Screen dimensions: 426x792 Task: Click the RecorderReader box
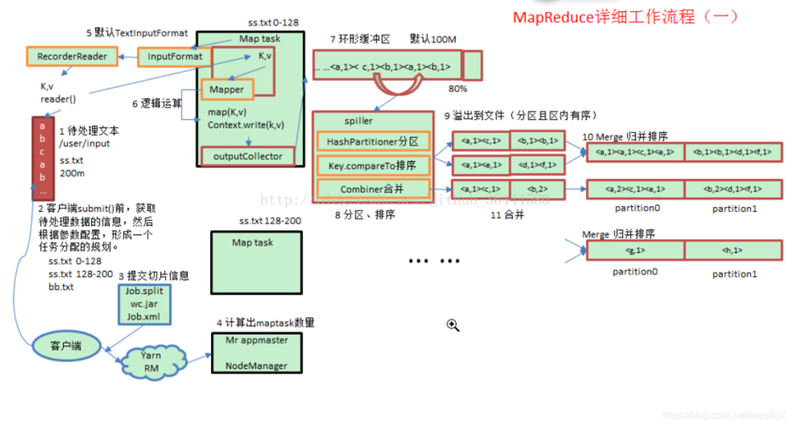71,57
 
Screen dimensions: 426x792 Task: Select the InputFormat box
175,57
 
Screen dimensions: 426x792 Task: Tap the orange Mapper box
225,89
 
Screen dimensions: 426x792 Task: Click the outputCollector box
248,156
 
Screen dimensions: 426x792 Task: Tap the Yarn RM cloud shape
150,362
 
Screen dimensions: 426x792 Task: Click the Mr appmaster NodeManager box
256,353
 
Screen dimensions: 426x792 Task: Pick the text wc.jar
142,303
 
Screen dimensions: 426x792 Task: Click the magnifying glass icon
453,325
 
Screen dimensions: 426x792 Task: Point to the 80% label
458,89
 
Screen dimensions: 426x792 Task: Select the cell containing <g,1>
635,250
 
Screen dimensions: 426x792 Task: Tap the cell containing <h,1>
732,250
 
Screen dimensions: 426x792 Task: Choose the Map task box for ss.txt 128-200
253,262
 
